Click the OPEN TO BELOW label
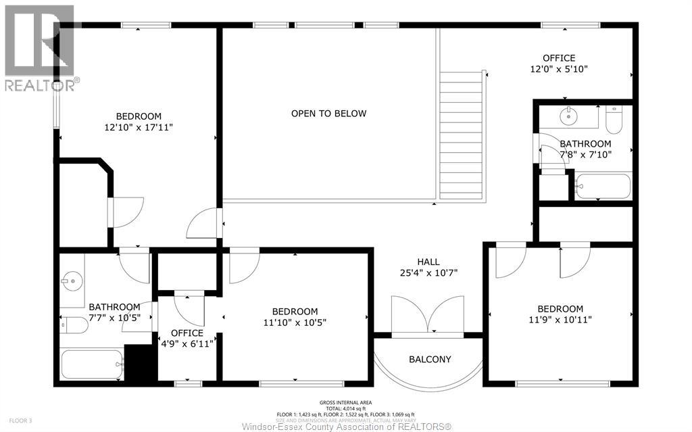pos(328,114)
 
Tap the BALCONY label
pos(429,359)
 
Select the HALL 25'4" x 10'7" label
pos(428,268)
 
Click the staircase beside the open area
pos(462,135)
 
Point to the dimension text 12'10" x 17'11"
pos(139,127)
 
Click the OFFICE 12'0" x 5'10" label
pos(559,64)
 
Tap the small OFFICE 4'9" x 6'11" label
pos(187,339)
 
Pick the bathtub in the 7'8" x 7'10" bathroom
pos(603,186)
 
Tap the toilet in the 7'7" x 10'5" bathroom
pos(74,326)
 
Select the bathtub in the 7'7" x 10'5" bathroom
pos(92,364)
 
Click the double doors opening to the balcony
pos(428,316)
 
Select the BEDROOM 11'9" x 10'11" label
pos(560,314)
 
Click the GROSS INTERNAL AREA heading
pos(346,402)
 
